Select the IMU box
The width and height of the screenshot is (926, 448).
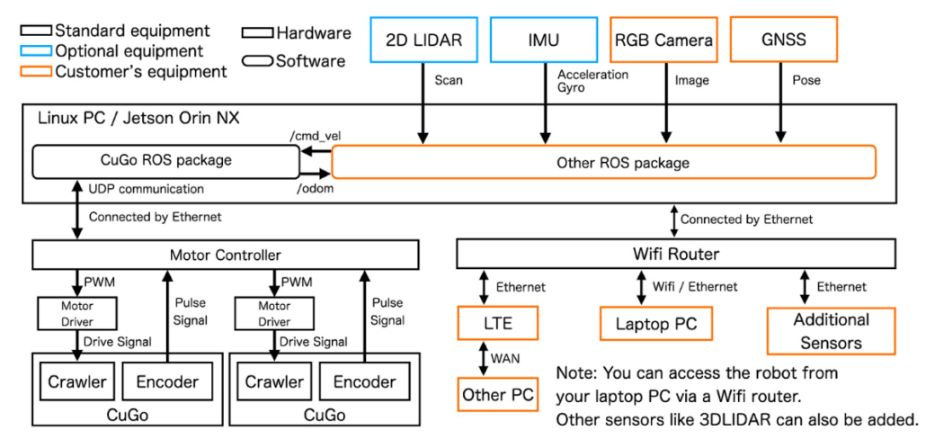543,40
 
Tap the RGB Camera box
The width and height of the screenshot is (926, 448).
663,40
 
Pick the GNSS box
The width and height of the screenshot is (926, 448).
783,40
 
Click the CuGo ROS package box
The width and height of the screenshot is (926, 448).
165,161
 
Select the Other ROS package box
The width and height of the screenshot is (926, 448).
603,163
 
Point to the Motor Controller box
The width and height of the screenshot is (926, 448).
226,255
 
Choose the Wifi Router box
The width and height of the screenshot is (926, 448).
677,255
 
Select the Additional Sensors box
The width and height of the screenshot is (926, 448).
831,330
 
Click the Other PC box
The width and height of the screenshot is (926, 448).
497,394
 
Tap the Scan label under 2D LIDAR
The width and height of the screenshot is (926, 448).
449,81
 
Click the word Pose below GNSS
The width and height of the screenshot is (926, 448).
806,81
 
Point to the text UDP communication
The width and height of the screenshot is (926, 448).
146,189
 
